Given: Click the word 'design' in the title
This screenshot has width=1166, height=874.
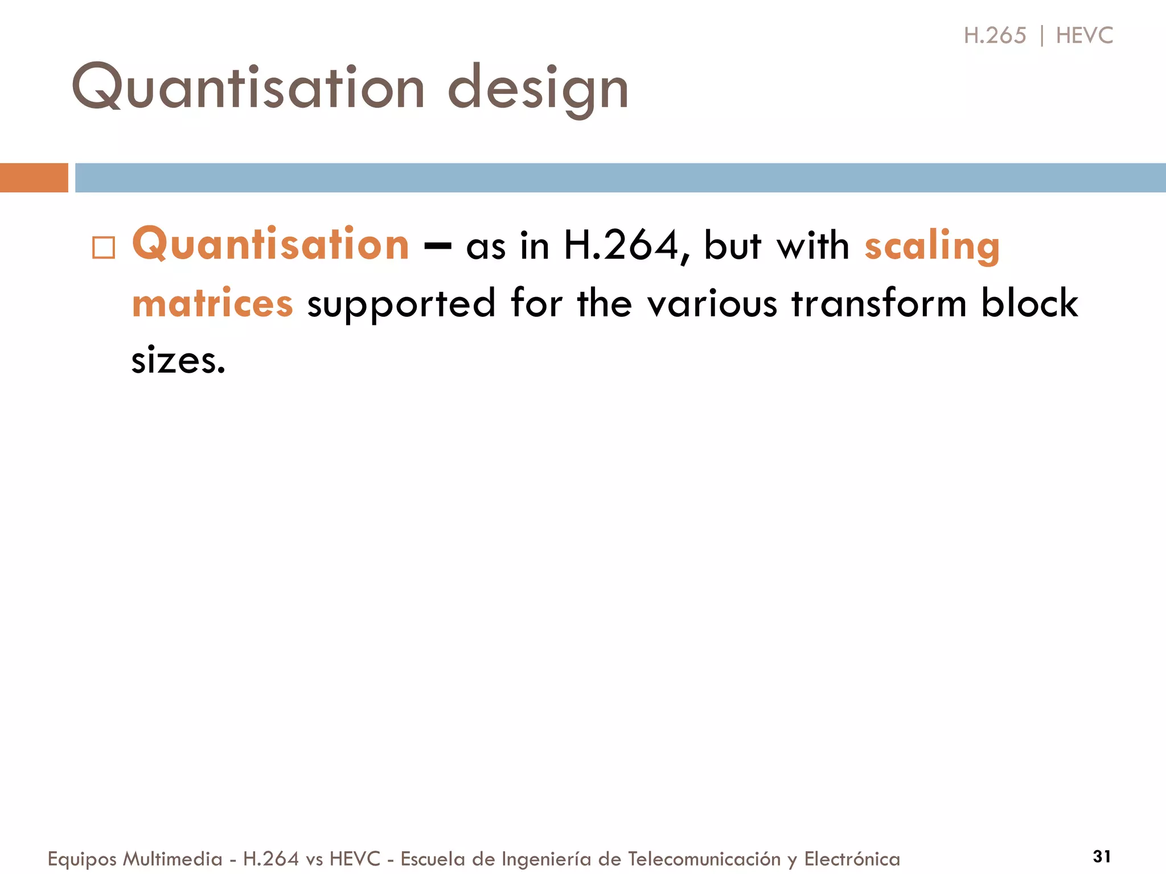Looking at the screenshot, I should coord(538,88).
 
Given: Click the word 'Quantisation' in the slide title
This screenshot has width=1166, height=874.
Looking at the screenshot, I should coord(248,86).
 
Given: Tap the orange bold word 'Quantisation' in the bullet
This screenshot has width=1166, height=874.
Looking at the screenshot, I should coord(270,245).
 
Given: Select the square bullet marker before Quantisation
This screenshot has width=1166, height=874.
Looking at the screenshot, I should coord(104,248).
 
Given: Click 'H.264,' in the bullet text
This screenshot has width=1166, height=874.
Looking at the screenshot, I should coord(626,246).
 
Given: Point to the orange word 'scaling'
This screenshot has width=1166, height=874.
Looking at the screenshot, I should coord(932,246).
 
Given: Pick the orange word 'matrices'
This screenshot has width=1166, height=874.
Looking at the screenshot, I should coord(212,303).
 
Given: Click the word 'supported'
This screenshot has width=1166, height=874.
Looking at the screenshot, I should coord(401,304).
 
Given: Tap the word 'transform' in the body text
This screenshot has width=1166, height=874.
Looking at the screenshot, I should coord(879,303).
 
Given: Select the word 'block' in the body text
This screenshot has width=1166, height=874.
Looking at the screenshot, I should coord(1029,303).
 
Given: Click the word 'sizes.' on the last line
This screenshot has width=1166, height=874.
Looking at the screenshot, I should coord(178,361).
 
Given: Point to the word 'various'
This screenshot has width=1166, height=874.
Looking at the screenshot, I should coord(712,303).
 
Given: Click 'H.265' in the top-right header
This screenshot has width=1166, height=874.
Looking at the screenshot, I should coord(995,35).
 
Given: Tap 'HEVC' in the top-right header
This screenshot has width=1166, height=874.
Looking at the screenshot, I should coord(1084,35).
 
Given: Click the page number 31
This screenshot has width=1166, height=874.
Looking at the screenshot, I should coord(1102,856).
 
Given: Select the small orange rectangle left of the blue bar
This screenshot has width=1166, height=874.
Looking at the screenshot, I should coord(34,178).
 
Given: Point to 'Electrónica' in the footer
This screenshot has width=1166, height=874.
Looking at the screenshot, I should coord(852,859).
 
